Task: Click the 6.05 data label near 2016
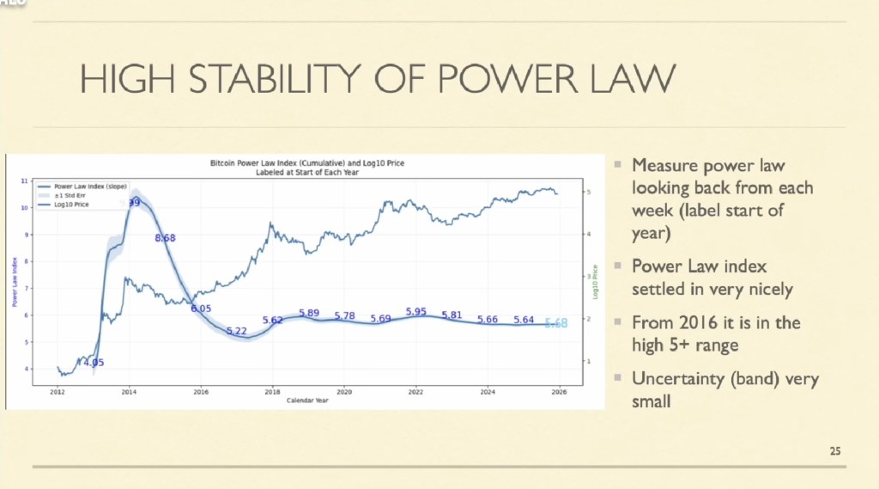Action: point(201,308)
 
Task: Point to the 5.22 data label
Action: point(236,331)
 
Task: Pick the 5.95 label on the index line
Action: point(416,312)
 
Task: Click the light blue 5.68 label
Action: point(556,323)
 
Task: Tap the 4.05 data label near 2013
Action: point(93,362)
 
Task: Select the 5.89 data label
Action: point(309,313)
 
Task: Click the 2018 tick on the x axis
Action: point(272,391)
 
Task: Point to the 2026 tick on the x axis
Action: point(559,391)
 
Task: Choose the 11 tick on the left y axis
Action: point(24,181)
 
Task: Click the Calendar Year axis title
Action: point(307,400)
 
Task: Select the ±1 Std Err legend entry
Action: point(68,194)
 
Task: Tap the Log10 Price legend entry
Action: point(70,204)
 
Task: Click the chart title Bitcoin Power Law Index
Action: point(306,162)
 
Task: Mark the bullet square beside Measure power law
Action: point(617,164)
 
